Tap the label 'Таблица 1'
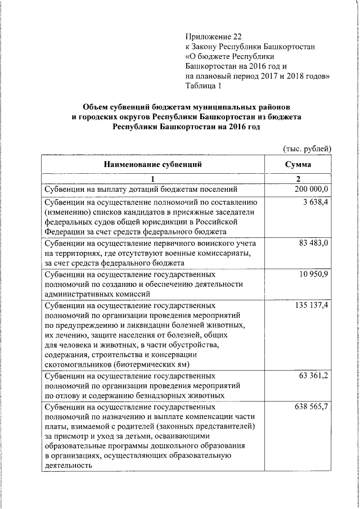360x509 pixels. point(204,86)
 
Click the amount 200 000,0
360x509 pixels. point(311,189)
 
